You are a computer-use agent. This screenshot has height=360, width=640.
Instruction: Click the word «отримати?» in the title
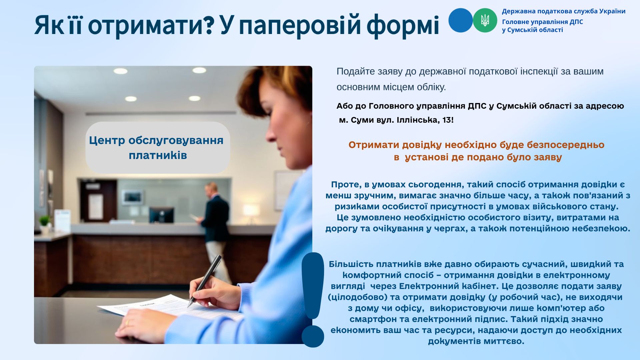[x=151, y=25]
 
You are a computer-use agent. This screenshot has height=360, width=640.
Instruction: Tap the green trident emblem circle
[x=485, y=20]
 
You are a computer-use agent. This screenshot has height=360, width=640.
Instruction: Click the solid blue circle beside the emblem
[x=461, y=20]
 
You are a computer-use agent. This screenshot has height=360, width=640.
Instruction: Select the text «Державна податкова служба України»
[x=564, y=11]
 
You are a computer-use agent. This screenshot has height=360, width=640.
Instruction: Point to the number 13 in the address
[x=446, y=120]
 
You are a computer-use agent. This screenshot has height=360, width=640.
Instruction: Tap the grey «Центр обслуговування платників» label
[x=157, y=147]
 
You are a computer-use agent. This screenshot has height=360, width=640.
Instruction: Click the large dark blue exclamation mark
[x=313, y=300]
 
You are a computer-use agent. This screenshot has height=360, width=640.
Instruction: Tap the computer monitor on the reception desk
[x=161, y=215]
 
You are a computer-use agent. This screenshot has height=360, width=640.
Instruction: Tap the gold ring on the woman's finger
[x=127, y=322]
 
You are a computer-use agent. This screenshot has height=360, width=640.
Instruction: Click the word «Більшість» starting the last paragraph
[x=351, y=264]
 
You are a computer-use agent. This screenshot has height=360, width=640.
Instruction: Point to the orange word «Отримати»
[x=374, y=145]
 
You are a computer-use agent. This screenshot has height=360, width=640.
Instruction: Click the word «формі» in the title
[x=403, y=25]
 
